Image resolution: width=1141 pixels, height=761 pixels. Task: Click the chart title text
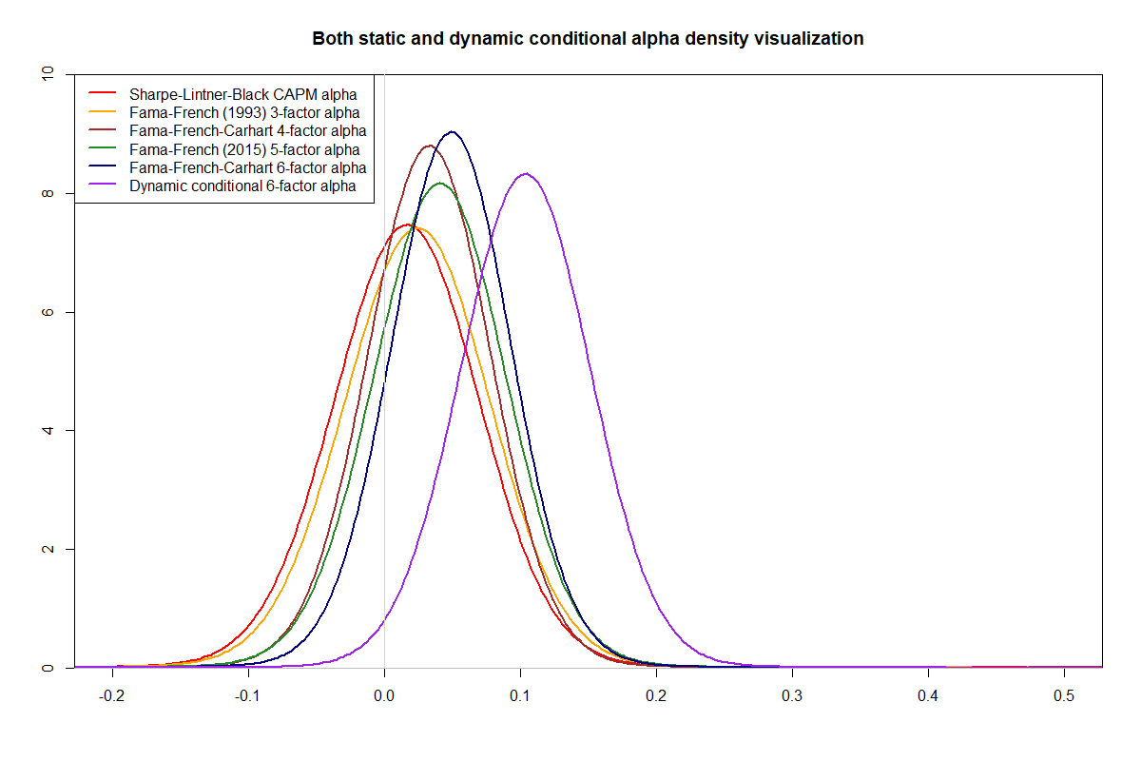588,39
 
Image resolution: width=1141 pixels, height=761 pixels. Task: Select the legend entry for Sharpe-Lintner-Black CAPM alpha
243,94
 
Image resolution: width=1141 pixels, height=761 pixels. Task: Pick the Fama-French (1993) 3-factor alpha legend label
244,112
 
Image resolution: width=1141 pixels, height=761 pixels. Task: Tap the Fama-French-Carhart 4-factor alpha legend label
247,131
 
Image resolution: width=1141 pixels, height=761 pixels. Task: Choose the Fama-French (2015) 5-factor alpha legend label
244,149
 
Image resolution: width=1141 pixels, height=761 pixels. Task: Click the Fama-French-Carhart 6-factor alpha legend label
247,167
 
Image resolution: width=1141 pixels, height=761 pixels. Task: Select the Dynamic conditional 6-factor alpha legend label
242,186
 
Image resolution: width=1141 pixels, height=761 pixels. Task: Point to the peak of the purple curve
526,174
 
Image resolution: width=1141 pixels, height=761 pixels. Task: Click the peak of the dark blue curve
452,131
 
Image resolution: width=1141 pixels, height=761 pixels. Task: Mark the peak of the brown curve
430,146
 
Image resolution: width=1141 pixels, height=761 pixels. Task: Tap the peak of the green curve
439,184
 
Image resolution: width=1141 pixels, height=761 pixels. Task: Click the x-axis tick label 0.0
384,695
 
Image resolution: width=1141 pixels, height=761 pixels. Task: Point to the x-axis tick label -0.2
111,695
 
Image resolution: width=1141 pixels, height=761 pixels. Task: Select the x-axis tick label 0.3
792,695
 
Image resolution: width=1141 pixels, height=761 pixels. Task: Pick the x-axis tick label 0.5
1064,695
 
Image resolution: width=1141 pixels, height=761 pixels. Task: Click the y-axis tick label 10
48,74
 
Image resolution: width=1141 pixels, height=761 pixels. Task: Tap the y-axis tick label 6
48,312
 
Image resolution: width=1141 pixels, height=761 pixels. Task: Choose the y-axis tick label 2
48,549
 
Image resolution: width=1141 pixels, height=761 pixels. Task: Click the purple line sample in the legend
103,185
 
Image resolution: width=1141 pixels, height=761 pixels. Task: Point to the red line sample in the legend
103,93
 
